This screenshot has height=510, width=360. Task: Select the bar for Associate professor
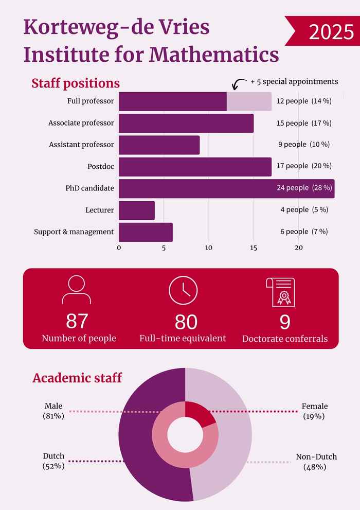tap(186, 123)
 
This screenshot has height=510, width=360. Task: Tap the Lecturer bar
tap(137, 210)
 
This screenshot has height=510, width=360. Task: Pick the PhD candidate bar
tap(227, 188)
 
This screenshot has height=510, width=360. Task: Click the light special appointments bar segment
tap(249, 101)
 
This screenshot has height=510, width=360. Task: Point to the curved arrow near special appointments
tap(239, 84)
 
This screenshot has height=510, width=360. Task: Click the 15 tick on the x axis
tap(254, 248)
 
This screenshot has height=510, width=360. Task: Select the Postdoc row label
tap(101, 167)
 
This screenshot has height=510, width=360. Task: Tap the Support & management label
tap(74, 232)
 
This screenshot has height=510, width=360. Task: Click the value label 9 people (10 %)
tap(304, 145)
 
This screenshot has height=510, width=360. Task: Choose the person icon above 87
tap(76, 289)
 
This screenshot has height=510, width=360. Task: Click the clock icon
tap(183, 290)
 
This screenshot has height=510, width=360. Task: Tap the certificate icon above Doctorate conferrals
tap(281, 292)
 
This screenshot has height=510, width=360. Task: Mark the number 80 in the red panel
tap(186, 322)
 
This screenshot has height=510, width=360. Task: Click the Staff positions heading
tap(76, 83)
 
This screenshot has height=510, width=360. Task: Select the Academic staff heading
tap(77, 378)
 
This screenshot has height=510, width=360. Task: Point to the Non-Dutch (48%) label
tap(316, 462)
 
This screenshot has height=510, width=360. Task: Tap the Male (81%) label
tap(53, 411)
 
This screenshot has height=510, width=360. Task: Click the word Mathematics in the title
tap(214, 55)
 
